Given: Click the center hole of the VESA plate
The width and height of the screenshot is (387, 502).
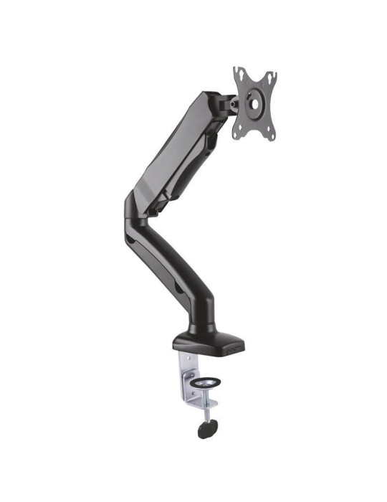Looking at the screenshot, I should tap(254, 102).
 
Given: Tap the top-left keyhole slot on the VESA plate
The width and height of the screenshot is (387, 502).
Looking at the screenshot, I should tap(240, 75).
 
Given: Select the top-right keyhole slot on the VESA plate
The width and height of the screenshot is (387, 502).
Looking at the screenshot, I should tap(270, 75).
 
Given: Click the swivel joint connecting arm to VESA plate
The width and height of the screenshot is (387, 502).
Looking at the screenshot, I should tap(231, 103).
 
